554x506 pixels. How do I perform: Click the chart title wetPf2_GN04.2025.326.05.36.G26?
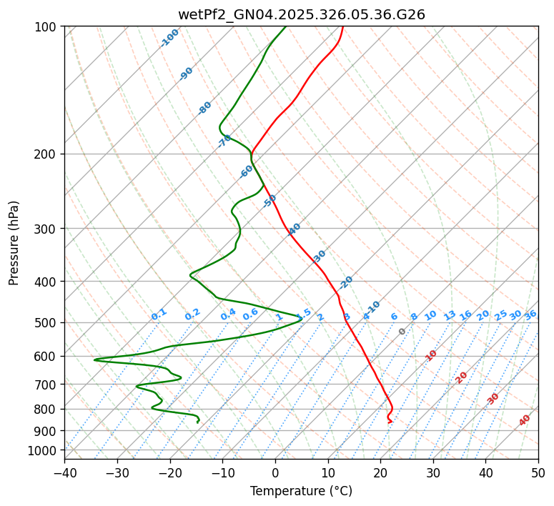(301, 14)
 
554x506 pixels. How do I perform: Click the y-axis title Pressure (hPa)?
(14, 242)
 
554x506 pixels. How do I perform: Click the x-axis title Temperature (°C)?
(301, 491)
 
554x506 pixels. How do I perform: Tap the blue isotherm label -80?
(205, 108)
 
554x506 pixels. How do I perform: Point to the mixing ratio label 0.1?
(159, 314)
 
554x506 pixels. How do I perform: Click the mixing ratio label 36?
(530, 314)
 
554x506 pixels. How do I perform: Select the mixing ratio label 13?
(450, 315)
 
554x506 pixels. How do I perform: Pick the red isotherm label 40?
(525, 420)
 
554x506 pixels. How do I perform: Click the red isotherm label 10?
(431, 355)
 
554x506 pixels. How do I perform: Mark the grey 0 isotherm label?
(402, 332)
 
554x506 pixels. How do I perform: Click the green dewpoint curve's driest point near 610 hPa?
(94, 359)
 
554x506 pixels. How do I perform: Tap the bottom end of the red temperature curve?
(390, 422)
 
